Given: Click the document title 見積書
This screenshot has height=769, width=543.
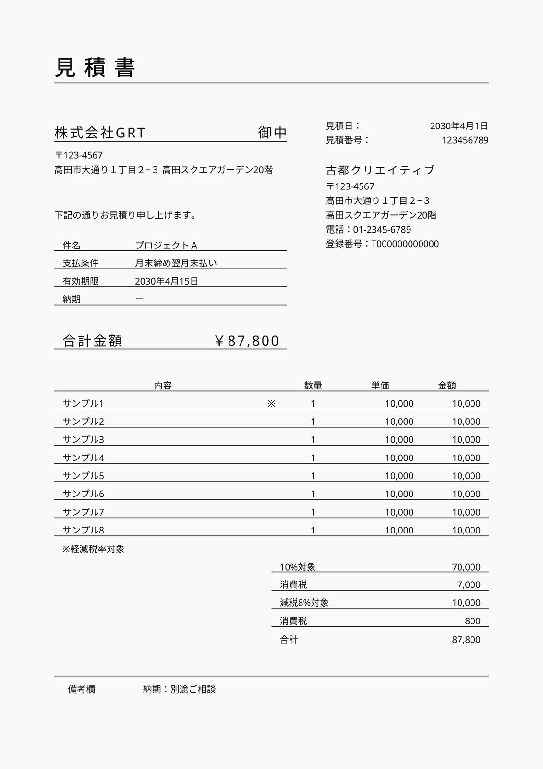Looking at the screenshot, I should coord(95,68).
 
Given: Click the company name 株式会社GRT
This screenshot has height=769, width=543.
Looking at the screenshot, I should coord(100,133).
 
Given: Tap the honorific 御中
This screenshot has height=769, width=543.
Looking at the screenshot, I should coord(272,133).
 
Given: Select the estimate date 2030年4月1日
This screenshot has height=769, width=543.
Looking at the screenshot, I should coord(459,126).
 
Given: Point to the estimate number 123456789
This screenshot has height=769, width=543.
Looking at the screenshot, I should coord(465,140).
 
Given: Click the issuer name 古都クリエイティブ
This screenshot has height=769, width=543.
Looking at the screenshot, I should coord(380,170).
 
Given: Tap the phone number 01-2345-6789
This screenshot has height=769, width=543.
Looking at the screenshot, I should coord(382,230).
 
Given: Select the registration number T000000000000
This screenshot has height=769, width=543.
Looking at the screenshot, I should coord(405,244).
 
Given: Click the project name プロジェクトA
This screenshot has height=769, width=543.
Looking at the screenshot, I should coord(166,246).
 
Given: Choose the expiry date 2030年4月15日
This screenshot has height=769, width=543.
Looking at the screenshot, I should coord(167,281).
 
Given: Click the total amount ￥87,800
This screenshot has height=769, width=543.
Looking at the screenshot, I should coord(247,341).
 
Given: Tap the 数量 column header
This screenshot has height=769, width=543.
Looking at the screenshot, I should coord(313,385).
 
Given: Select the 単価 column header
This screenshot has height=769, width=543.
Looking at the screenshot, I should coord(380,385).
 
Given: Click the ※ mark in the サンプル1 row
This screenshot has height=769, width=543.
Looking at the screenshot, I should coord(271,404).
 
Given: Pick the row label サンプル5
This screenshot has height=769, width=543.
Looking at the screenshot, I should coord(84,476).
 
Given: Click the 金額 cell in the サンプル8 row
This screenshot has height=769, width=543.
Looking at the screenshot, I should coord(466,530).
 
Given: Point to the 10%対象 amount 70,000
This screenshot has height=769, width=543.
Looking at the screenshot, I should coord(466,567).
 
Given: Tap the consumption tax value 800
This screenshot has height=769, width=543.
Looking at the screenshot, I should coord(472,621).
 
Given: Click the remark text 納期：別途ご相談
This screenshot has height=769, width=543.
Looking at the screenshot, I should coord(179,689).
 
